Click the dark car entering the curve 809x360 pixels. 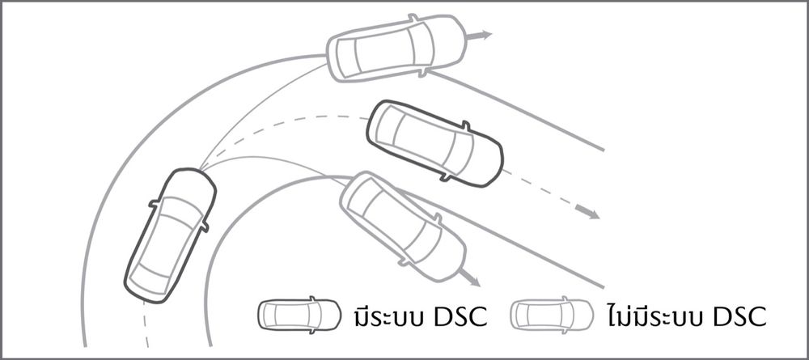click(170, 235)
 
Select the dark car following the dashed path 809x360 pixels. click(434, 143)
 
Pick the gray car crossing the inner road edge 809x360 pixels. click(403, 227)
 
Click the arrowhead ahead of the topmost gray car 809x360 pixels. click(484, 35)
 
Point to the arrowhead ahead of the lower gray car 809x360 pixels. click(473, 281)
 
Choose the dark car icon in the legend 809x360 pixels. click(299, 314)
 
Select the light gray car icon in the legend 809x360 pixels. click(552, 314)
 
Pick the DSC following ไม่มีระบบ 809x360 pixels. click(739, 316)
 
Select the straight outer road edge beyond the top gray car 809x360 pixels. click(516, 111)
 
